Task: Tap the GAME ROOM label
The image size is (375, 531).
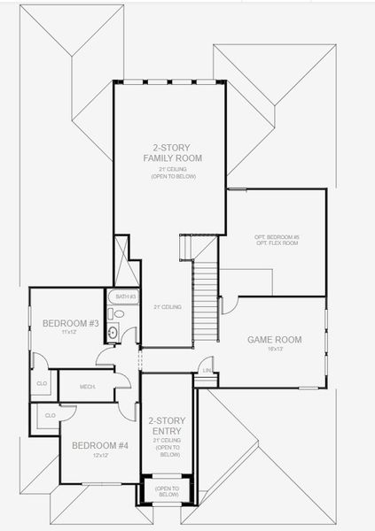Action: pyautogui.click(x=274, y=340)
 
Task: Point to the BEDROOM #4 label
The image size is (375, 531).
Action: pyautogui.click(x=100, y=445)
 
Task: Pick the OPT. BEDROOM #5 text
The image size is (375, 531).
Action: pyautogui.click(x=277, y=237)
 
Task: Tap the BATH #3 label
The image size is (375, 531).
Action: pyautogui.click(x=125, y=296)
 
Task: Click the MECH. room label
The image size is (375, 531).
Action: pyautogui.click(x=88, y=387)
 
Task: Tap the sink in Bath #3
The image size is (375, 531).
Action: pyautogui.click(x=113, y=333)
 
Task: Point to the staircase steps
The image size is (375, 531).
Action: pyautogui.click(x=205, y=301)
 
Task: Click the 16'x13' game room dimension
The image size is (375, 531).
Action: pyautogui.click(x=274, y=350)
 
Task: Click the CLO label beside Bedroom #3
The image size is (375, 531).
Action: pyautogui.click(x=42, y=383)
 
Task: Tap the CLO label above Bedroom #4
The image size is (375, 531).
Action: pyautogui.click(x=50, y=415)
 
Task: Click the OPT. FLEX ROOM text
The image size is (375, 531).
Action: pyautogui.click(x=277, y=244)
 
